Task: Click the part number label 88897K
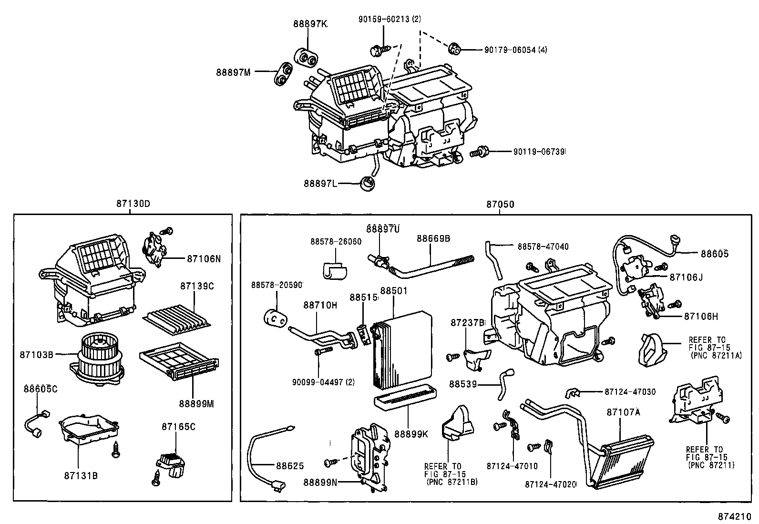point(310,23)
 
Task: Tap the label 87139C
point(197,286)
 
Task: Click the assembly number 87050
point(500,204)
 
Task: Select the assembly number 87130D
point(133,204)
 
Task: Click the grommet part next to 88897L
point(367,183)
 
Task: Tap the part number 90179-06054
point(510,50)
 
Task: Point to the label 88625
point(289,465)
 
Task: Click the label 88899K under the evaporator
point(411,434)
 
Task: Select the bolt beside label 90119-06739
point(479,153)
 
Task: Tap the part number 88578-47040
point(543,247)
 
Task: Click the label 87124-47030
point(629,391)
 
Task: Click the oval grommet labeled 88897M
point(283,74)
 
